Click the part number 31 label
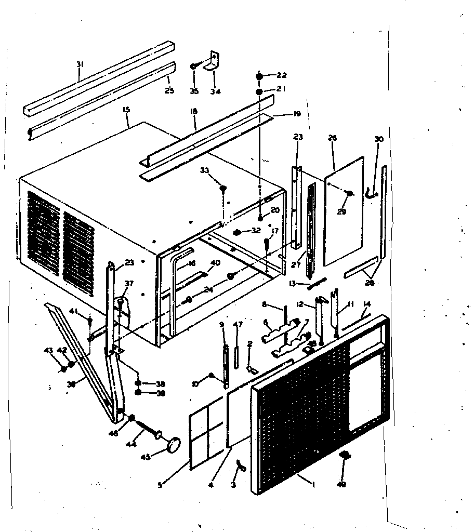(80, 64)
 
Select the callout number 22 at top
(282, 75)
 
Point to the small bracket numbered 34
(213, 63)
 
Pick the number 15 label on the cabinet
(125, 110)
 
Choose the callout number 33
(204, 170)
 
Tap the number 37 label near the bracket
(128, 283)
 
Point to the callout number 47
(238, 325)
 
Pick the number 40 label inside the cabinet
(215, 263)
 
